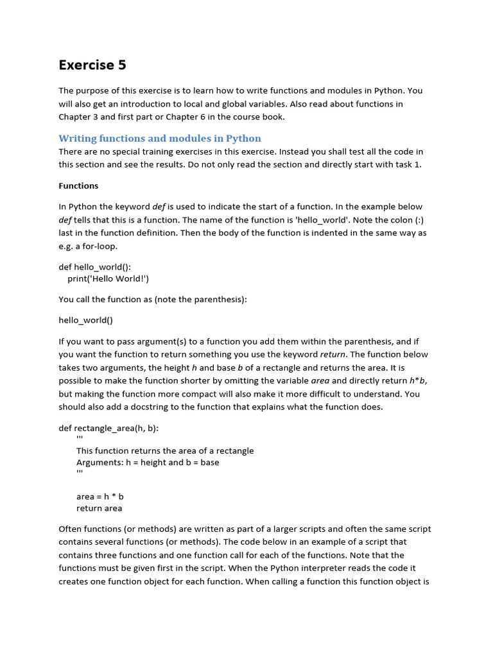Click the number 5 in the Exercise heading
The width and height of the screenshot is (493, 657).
[x=121, y=65]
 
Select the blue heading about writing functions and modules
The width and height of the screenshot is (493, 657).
[x=160, y=139]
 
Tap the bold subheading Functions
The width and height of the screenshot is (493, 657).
[x=78, y=185]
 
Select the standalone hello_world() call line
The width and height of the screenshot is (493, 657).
[x=85, y=320]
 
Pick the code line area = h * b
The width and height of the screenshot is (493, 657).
[x=100, y=496]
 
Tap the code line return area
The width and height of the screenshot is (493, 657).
[x=99, y=509]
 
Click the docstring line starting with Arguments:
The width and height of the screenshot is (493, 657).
[x=148, y=463]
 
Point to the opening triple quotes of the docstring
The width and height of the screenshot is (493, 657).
[x=80, y=439]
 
